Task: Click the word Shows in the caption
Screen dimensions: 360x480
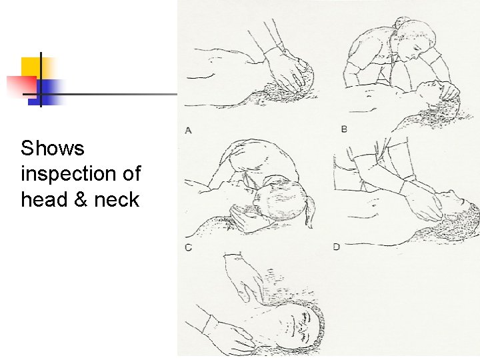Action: click(x=53, y=148)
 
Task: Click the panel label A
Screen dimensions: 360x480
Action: click(x=189, y=130)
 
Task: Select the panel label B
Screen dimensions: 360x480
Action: click(x=344, y=129)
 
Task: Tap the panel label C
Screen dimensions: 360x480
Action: click(x=189, y=247)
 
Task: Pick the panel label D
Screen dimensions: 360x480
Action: click(x=337, y=247)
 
